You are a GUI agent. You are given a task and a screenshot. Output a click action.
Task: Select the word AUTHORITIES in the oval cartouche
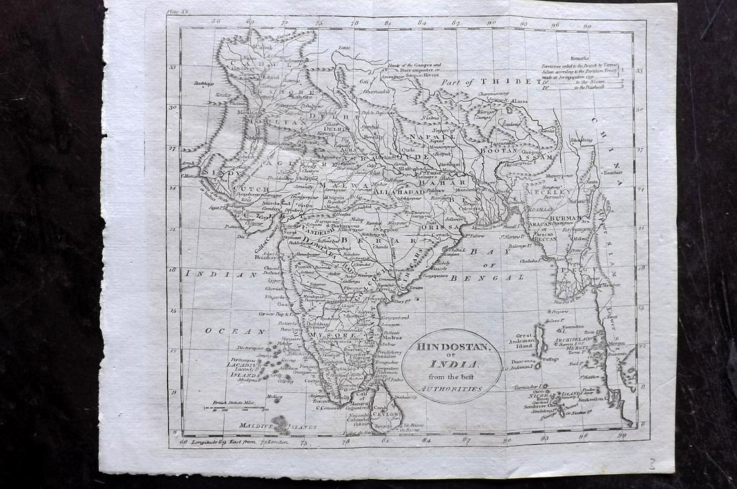[x=452, y=389]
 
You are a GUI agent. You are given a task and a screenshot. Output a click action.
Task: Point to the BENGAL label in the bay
[x=496, y=277]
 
